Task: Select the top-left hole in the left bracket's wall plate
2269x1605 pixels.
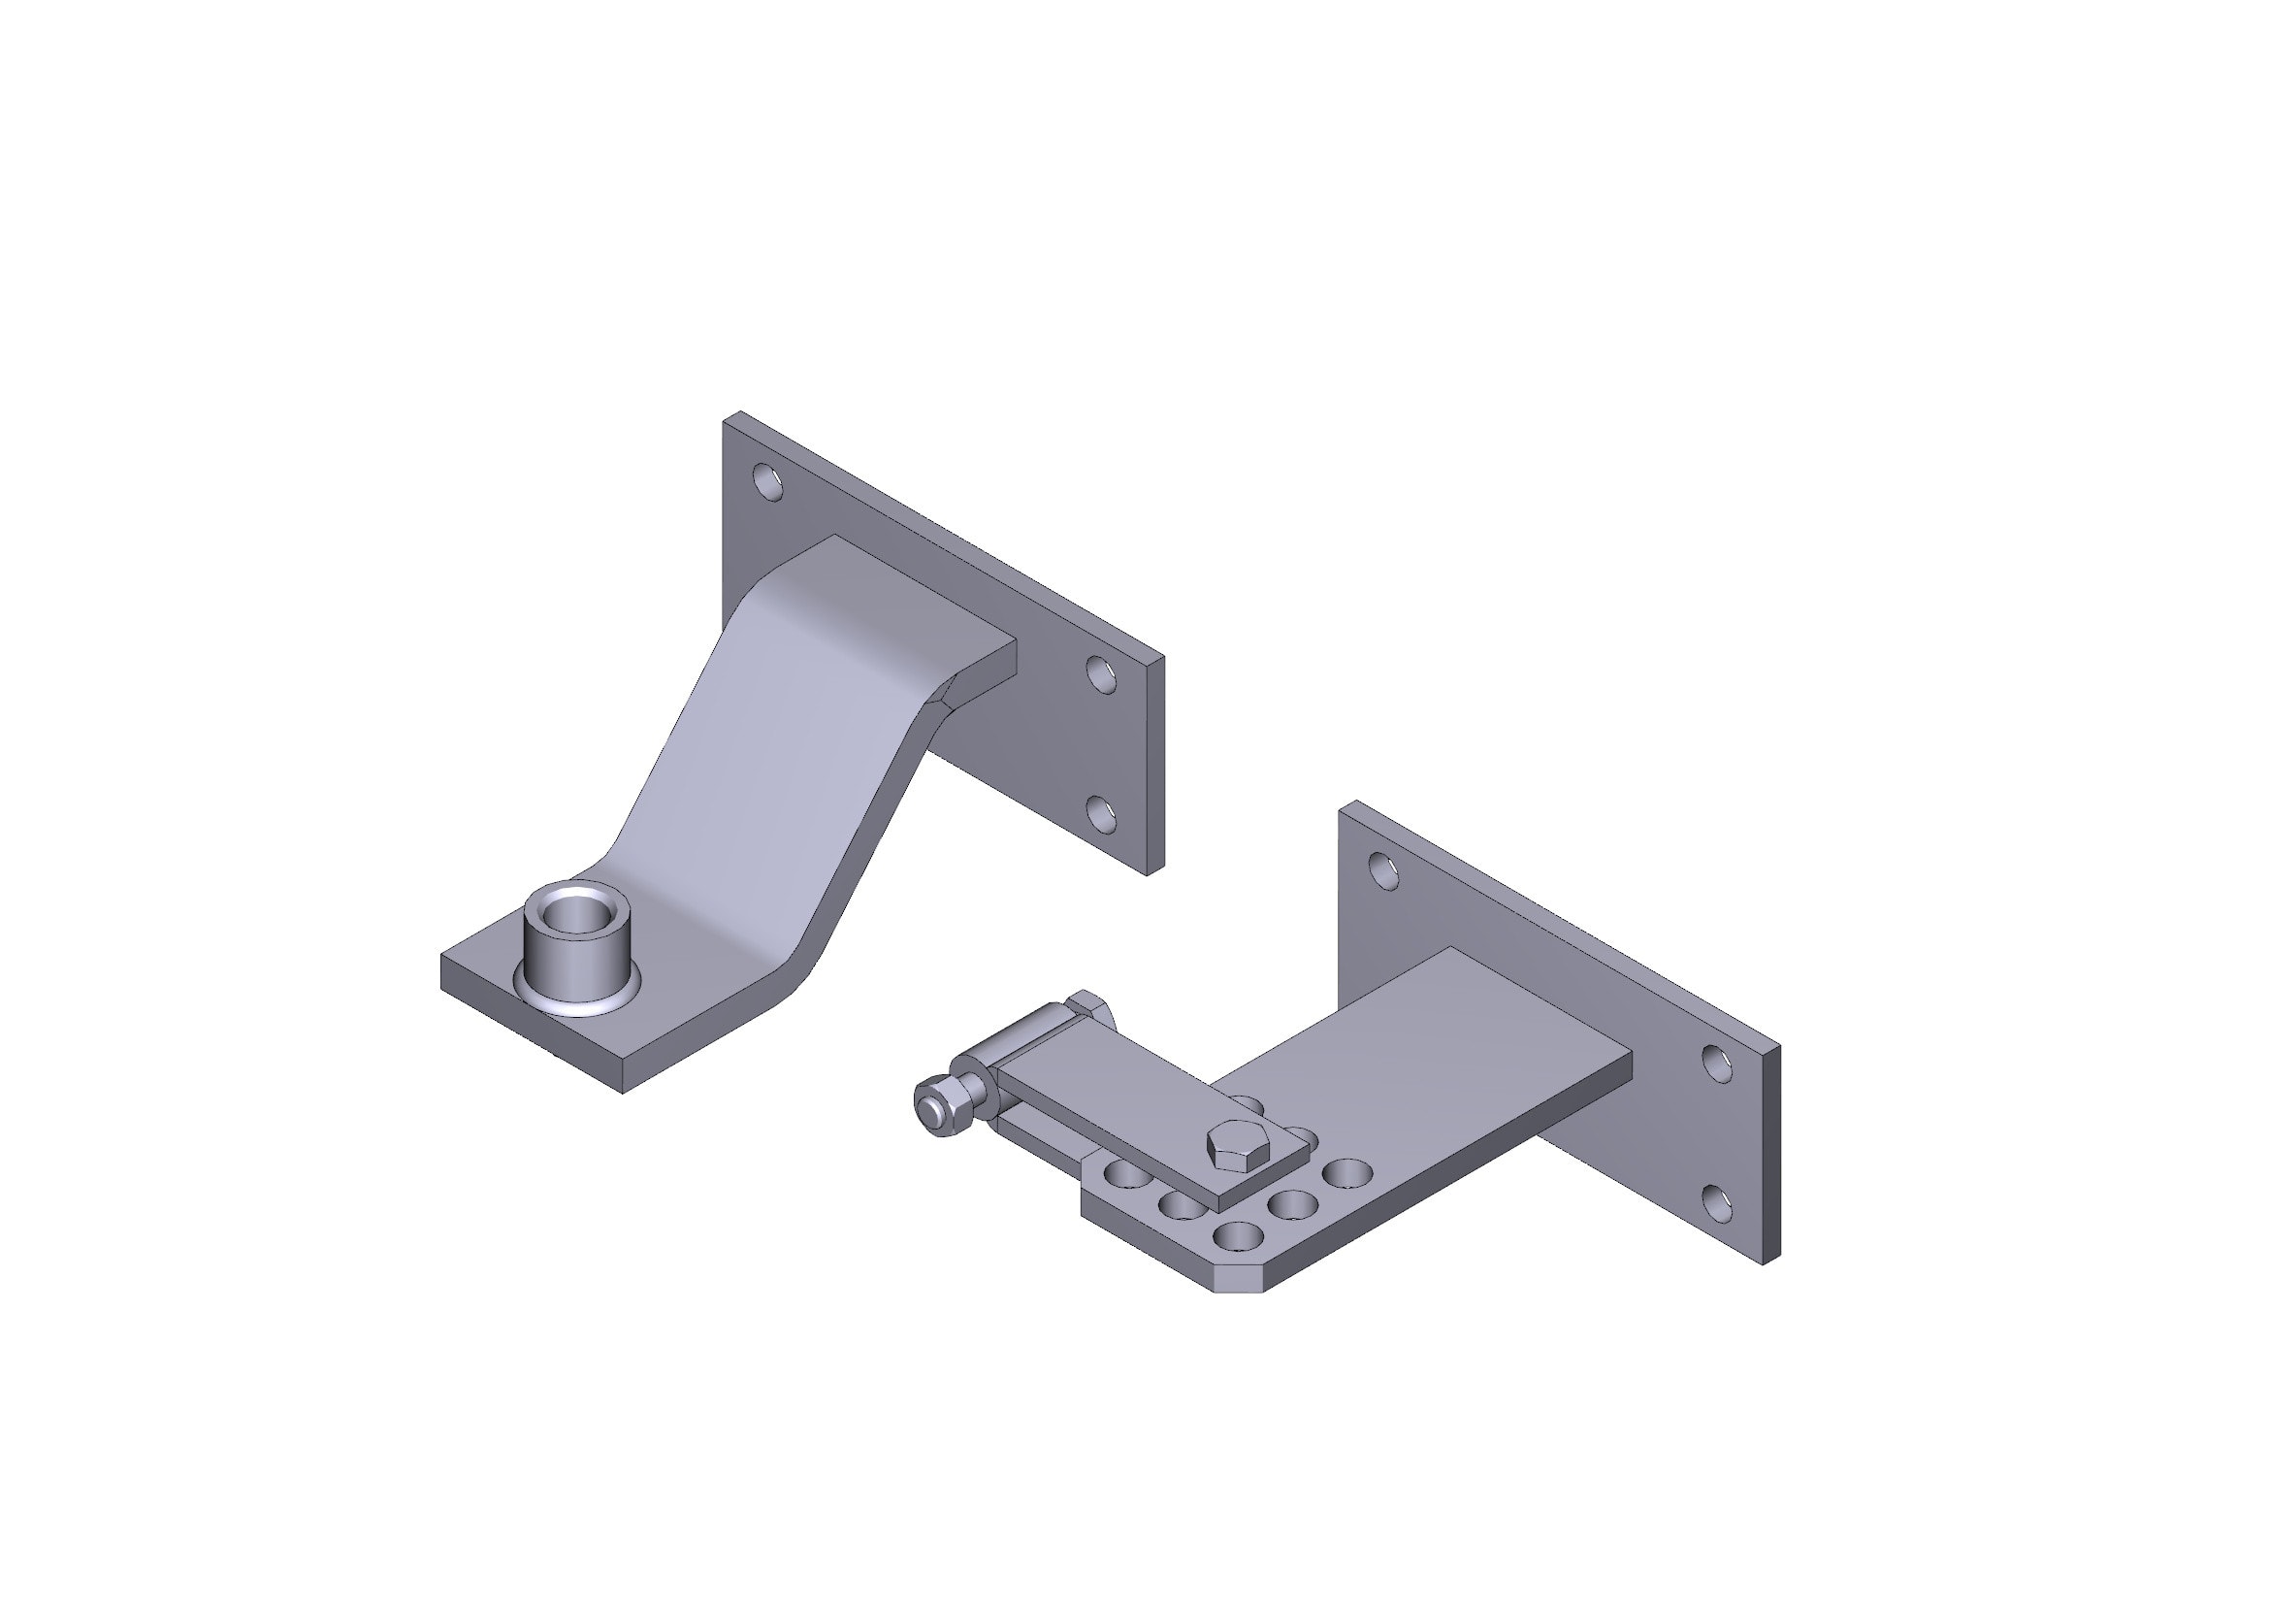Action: [x=768, y=482]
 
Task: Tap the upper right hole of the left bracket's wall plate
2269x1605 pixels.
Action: [x=1100, y=673]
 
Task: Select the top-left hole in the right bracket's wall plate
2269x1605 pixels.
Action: [x=1383, y=870]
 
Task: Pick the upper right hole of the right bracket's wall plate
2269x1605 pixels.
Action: [x=1717, y=1063]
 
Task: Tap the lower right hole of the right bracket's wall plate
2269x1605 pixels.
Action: [x=1717, y=1203]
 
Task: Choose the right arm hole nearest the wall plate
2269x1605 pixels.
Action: [x=1348, y=1174]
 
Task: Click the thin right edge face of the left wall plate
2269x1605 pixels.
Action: [x=1154, y=766]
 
